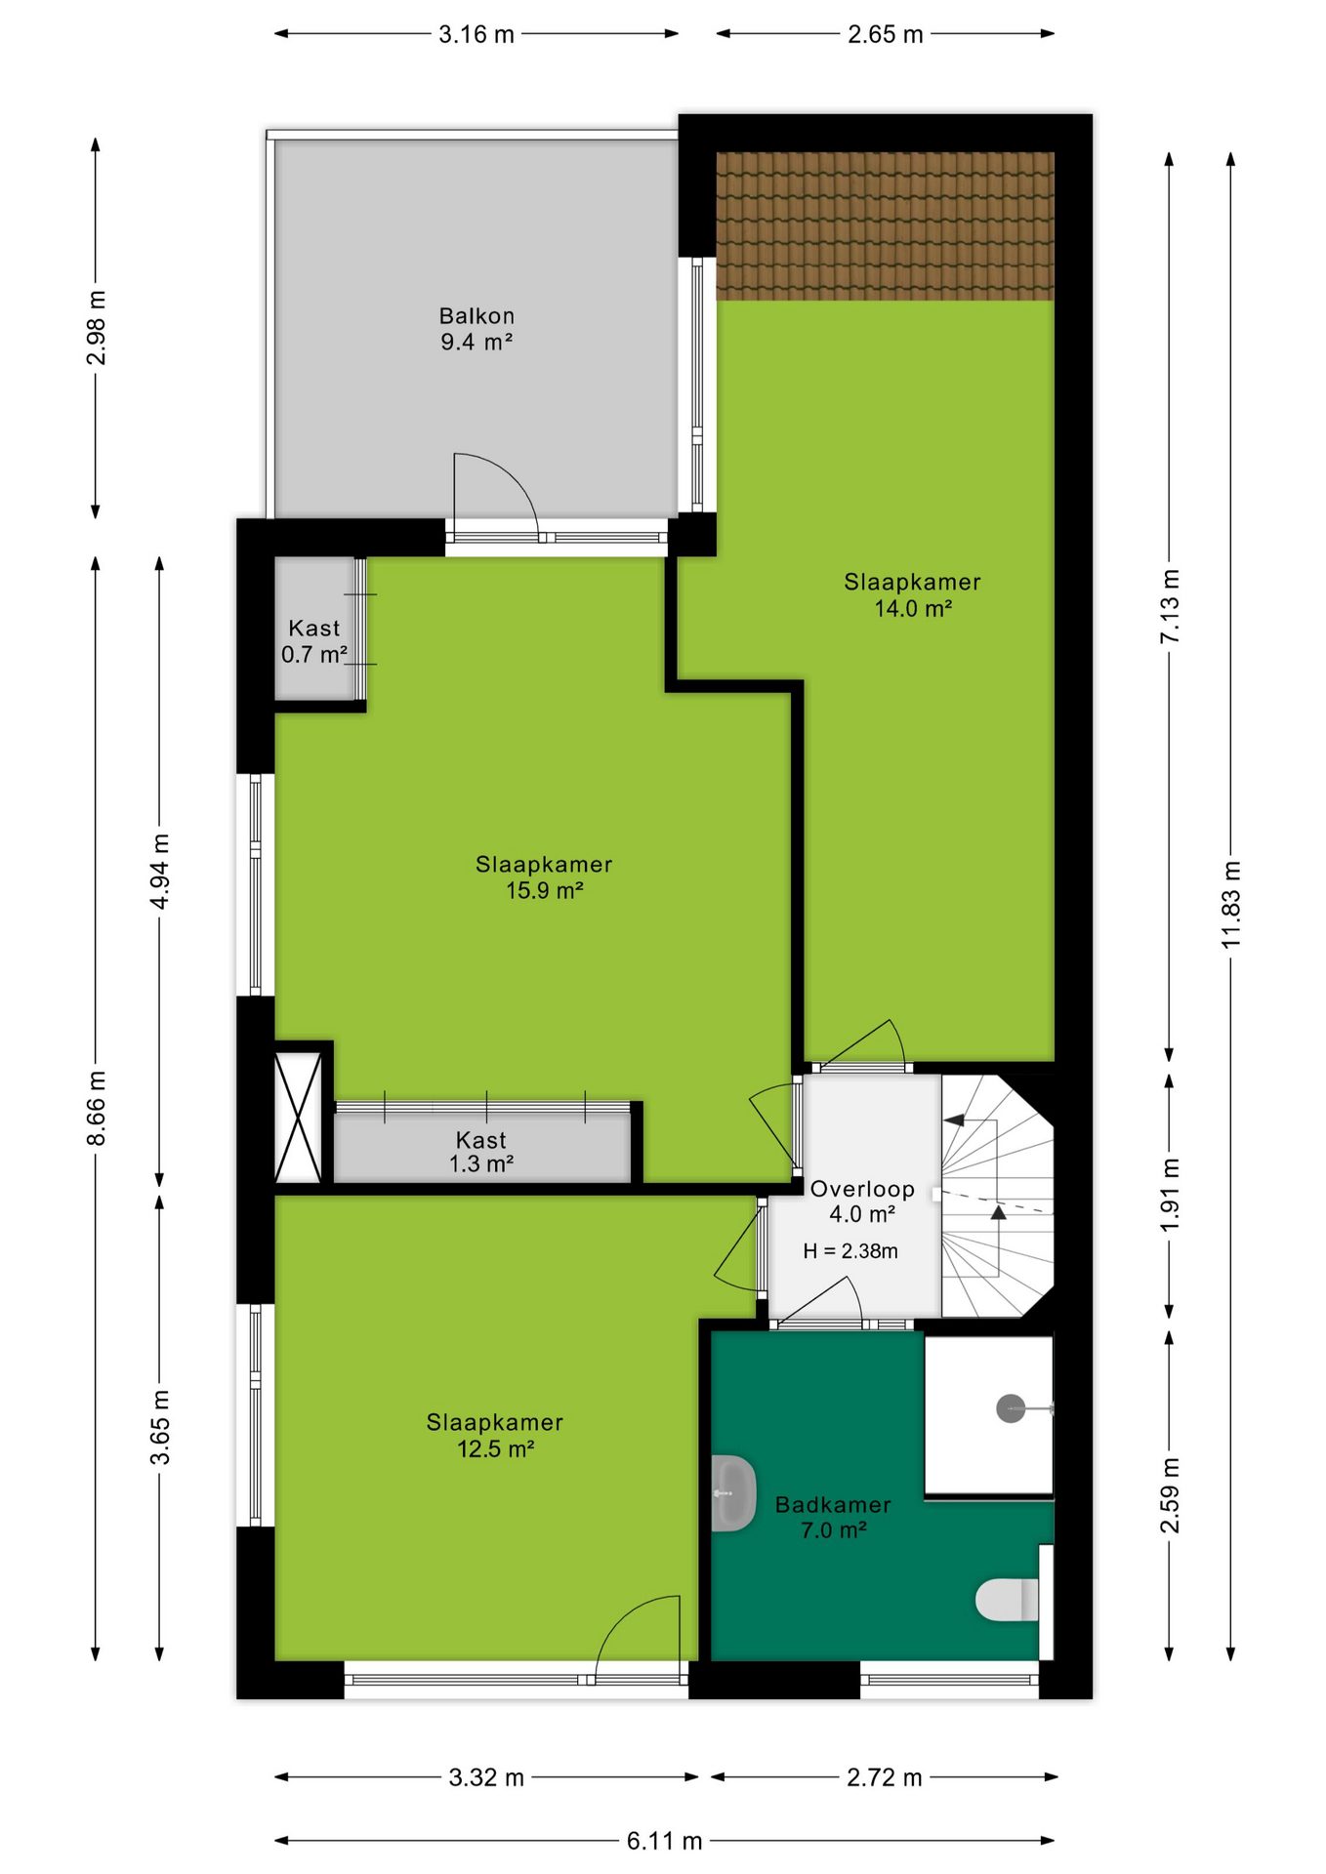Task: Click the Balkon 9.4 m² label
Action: (477, 329)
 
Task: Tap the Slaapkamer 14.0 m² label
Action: (912, 595)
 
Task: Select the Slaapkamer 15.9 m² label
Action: (544, 877)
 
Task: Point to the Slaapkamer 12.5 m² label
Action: (495, 1436)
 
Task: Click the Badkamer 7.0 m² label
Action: (833, 1518)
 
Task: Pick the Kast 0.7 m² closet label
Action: (314, 641)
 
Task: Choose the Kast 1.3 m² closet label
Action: (481, 1152)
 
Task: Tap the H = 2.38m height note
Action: (850, 1251)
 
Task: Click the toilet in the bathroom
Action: (1008, 1600)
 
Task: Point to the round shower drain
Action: (1011, 1408)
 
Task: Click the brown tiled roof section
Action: (886, 225)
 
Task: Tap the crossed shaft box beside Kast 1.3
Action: (298, 1118)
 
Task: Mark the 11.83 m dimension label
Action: (1231, 905)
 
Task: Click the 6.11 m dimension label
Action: (665, 1841)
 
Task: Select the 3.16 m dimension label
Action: (477, 34)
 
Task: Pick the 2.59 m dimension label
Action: (1170, 1495)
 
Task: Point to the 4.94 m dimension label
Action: (160, 872)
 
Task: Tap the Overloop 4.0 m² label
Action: (862, 1202)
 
